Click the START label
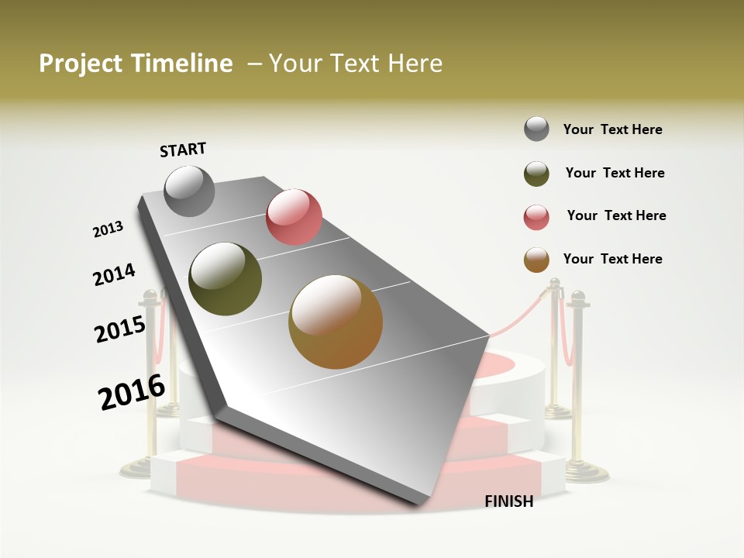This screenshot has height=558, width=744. pos(183,150)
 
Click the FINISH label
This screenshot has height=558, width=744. pos(509,501)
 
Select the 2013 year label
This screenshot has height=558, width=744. pos(108,229)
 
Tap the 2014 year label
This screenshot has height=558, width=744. pos(114,275)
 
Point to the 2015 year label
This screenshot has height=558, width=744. pos(120,329)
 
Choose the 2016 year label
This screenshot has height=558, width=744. pos(132,392)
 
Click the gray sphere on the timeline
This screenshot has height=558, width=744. pos(190,191)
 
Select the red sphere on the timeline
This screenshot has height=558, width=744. pos(294,216)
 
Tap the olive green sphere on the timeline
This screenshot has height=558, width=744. pos(226,278)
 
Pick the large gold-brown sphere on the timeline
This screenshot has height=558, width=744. pos(336,322)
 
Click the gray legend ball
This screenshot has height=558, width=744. pos(536,129)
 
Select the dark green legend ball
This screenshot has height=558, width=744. pos(536,174)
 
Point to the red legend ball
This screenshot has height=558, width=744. pos(536,217)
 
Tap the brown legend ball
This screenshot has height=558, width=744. pos(536,260)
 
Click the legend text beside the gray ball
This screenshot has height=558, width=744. pos(612,130)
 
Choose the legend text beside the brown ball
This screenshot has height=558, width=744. pos(612,259)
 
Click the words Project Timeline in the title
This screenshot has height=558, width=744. pos(136,64)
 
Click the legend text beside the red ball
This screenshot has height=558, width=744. pos(616,215)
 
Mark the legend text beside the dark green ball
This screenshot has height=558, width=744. pos(615,173)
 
